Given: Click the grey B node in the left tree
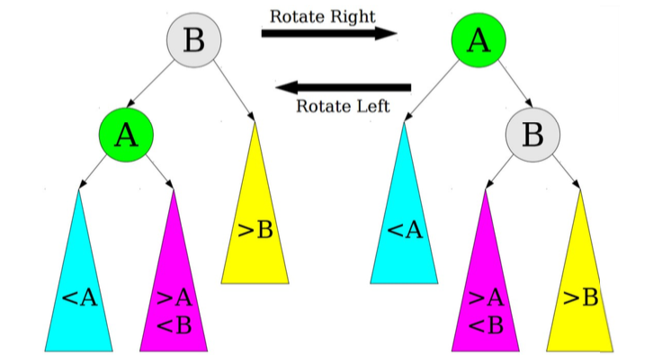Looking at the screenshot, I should [193, 40].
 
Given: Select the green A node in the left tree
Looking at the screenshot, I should [127, 135].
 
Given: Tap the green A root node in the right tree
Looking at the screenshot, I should [479, 40].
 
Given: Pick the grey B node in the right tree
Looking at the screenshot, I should [532, 137].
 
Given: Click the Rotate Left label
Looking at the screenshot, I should [343, 107].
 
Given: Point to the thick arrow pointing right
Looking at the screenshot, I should [328, 34].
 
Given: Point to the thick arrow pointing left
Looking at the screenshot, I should [343, 87].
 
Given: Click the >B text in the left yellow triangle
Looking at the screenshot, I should [255, 230].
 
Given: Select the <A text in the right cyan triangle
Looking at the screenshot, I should [404, 230].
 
